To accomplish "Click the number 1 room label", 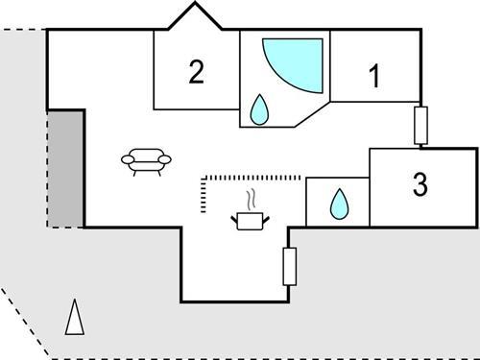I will click(374, 77).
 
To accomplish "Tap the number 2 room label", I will click(197, 72).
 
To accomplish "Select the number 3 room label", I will click(420, 185).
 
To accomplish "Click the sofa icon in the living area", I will click(147, 160).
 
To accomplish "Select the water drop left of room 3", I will click(338, 204).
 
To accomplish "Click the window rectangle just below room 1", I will click(420, 125).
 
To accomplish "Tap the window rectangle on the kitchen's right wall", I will click(290, 266).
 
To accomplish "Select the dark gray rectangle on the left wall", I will click(65, 167).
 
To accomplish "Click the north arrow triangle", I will click(74, 317).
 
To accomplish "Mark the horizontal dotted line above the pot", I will click(254, 177).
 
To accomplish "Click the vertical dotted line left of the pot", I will click(203, 197).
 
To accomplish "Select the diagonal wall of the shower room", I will click(313, 114).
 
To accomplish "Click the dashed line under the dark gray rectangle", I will click(65, 228).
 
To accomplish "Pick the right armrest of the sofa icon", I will click(166, 158).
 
